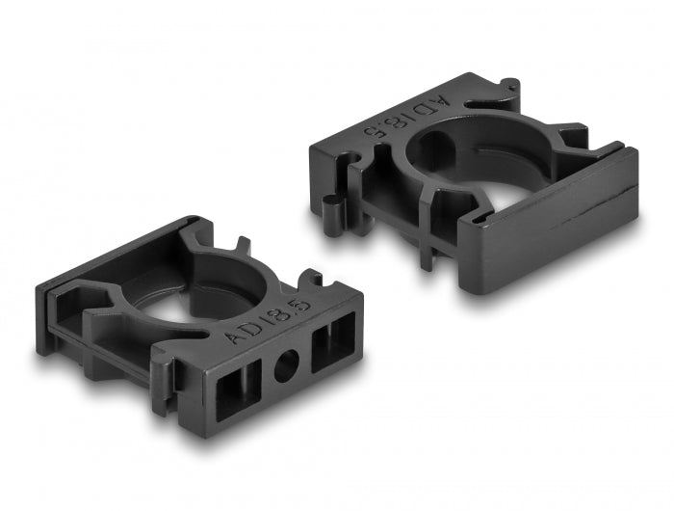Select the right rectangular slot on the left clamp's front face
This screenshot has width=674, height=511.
tap(330, 338)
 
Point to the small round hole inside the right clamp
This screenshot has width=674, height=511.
tap(434, 151)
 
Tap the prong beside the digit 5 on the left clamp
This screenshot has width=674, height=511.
tap(311, 282)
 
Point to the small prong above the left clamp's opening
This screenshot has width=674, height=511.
tap(242, 247)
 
